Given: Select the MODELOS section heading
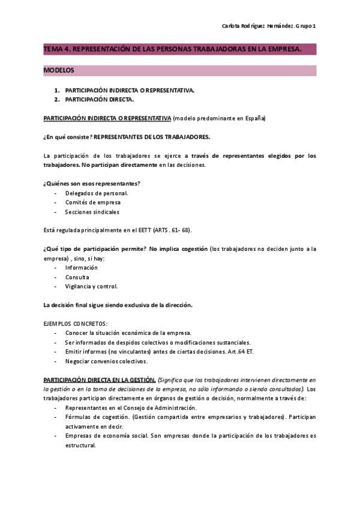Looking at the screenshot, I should pos(59,71).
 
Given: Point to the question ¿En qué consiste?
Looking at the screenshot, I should pos(67,137).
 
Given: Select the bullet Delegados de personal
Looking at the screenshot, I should pos(97,193).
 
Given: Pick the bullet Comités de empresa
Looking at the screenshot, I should pos(93,202).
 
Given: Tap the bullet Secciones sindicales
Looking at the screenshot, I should pos(92,212).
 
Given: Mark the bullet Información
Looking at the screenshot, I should pos(81,268).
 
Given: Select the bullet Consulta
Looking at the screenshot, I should pos(77,277).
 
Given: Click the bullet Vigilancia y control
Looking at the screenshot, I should pos(91,286).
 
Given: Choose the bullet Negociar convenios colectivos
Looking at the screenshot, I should pos(106,361).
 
